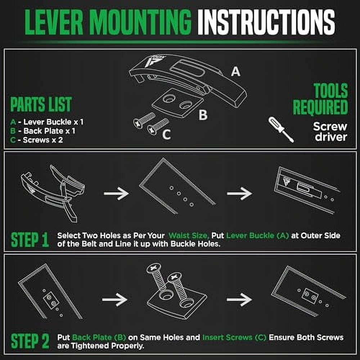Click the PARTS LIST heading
pyautogui.click(x=40, y=104)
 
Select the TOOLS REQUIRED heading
pyautogui.click(x=320, y=99)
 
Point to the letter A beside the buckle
pyautogui.click(x=235, y=72)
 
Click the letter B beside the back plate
pyautogui.click(x=203, y=115)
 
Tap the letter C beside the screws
pyautogui.click(x=166, y=134)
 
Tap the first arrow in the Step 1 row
pyautogui.click(x=116, y=194)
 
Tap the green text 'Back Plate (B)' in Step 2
pyautogui.click(x=99, y=338)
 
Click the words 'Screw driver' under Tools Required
pyautogui.click(x=330, y=131)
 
